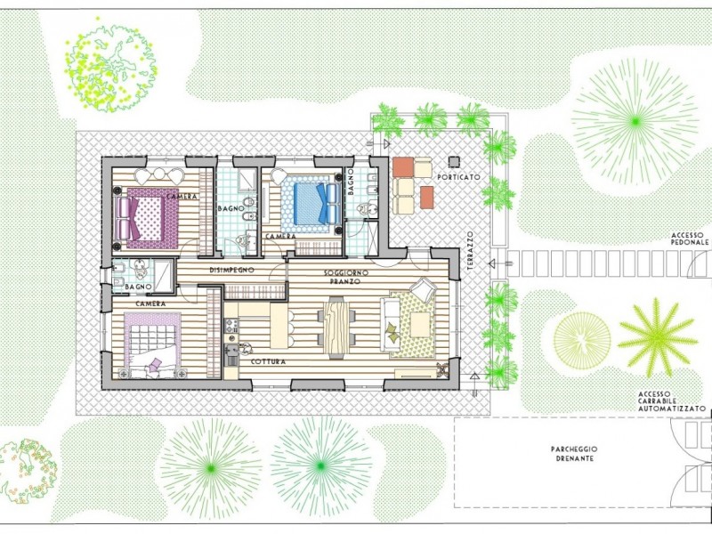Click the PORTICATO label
(x=459, y=177)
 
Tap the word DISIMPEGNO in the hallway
(x=232, y=269)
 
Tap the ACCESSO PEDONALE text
(x=690, y=239)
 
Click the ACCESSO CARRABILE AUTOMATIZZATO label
(x=671, y=402)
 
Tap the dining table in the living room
(x=336, y=326)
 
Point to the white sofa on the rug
(x=390, y=326)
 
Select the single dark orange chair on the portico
(x=425, y=196)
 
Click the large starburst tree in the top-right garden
(x=634, y=119)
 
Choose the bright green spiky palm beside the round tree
(x=656, y=337)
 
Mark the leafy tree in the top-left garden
(x=111, y=69)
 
